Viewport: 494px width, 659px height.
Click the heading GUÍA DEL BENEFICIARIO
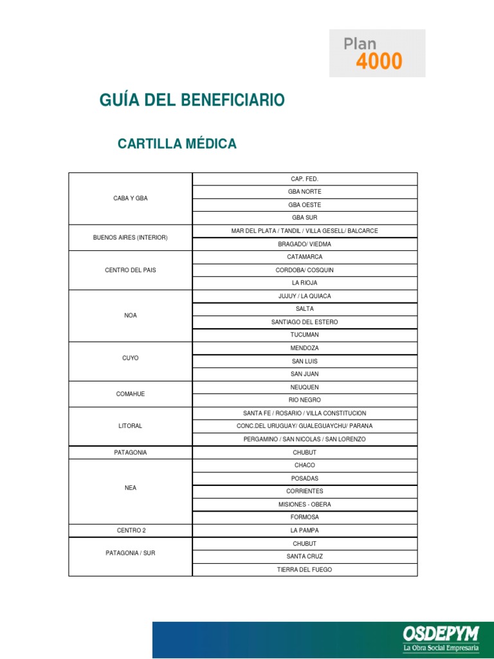click(x=192, y=100)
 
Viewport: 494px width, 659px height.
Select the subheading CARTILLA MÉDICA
click(x=177, y=144)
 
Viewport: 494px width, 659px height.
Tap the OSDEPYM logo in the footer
click(x=441, y=640)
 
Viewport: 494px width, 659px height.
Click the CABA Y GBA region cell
click(x=131, y=198)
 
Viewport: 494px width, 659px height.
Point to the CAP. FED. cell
click(x=305, y=179)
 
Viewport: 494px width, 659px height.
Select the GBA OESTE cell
click(x=305, y=205)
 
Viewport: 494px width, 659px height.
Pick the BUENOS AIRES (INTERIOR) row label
click(x=131, y=237)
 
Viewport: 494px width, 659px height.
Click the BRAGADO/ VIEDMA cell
click(x=305, y=245)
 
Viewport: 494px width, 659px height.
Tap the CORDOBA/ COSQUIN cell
click(x=305, y=270)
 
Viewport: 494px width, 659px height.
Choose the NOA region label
click(x=131, y=315)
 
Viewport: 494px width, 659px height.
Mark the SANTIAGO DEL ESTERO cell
click(x=305, y=322)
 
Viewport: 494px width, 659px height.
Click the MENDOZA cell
click(x=305, y=348)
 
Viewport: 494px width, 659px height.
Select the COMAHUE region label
click(x=131, y=394)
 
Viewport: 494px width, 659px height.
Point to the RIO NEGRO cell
click(x=305, y=400)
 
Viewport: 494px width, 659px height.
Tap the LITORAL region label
click(x=131, y=426)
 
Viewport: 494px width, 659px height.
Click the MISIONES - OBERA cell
click(x=305, y=505)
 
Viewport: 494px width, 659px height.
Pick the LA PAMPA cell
click(x=305, y=530)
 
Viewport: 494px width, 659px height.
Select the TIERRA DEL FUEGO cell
click(x=305, y=570)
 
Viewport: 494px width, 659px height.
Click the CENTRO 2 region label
click(x=131, y=530)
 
